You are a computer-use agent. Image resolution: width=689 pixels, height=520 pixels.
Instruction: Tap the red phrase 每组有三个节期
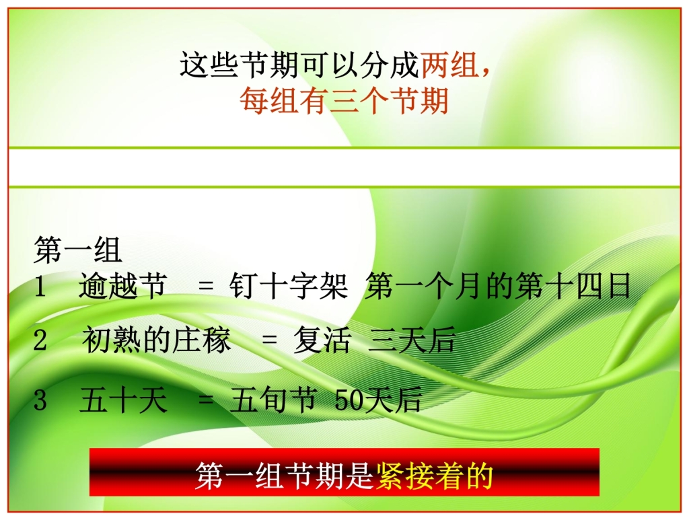click(344, 102)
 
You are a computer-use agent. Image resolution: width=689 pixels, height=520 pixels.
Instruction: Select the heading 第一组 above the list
click(78, 251)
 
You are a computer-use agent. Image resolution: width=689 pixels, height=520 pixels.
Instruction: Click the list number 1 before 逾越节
click(40, 287)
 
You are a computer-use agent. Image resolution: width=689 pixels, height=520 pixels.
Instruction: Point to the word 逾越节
click(122, 287)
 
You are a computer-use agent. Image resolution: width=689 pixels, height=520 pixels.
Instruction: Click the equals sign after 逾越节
click(206, 287)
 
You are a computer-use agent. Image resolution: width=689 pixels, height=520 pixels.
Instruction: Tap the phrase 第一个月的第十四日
click(499, 287)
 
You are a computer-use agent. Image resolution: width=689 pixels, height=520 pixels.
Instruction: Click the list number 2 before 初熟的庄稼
click(40, 342)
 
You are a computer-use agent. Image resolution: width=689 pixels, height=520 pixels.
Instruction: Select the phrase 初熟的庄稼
click(157, 341)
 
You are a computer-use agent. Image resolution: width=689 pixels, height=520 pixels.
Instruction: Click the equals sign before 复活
click(269, 342)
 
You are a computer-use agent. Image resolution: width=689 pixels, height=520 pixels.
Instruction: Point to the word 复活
click(322, 342)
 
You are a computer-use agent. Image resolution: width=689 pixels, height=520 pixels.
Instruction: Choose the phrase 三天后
click(412, 342)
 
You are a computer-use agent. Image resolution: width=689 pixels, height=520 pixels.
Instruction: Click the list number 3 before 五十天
click(40, 401)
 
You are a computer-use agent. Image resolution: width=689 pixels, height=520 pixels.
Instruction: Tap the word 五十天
click(123, 401)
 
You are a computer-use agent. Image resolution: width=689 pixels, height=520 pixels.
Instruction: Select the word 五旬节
click(273, 401)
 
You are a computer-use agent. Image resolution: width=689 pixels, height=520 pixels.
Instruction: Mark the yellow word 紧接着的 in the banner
click(435, 476)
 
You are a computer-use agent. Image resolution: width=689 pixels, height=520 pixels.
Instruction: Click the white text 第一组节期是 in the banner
click(285, 476)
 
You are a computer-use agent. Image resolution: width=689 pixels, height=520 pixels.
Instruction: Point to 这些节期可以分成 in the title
click(300, 66)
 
